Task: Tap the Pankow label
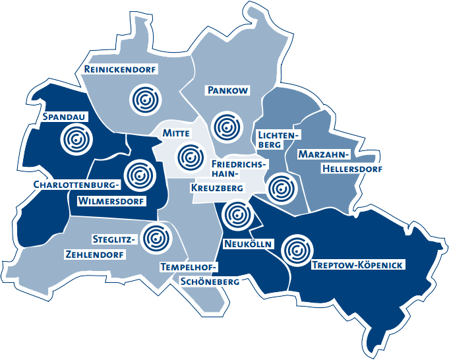click(227, 90)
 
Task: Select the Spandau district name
click(65, 117)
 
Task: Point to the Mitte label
click(176, 134)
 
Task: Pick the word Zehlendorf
click(96, 254)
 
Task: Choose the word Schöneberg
click(210, 282)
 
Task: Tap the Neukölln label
click(248, 244)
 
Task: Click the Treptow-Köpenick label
click(357, 265)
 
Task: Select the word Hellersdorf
click(353, 168)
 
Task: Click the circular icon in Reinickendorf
click(144, 98)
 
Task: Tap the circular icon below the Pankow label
click(228, 125)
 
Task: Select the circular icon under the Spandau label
click(76, 140)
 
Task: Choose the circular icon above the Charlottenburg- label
click(139, 175)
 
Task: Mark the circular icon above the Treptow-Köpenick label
click(297, 250)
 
